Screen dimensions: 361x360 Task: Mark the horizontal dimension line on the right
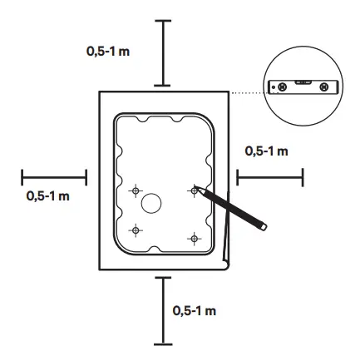[269, 176]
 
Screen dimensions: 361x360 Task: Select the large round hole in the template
[152, 202]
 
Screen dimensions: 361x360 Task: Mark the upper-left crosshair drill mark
[136, 191]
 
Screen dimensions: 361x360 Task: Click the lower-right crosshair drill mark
[194, 238]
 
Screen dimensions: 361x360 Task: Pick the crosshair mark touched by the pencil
[194, 190]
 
